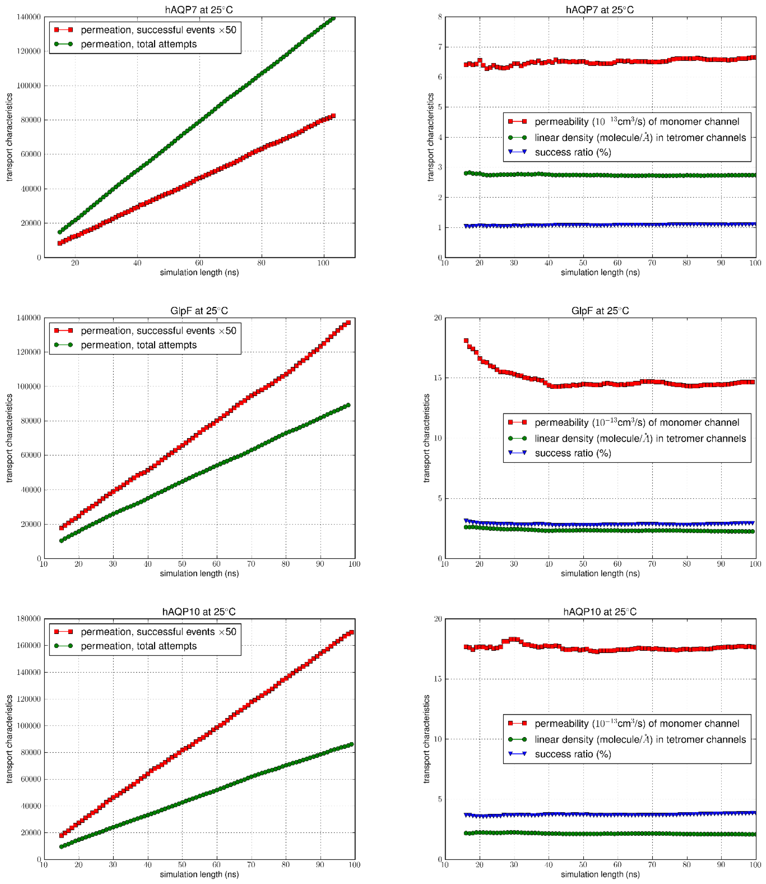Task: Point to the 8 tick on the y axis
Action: (440, 17)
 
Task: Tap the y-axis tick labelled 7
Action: (440, 47)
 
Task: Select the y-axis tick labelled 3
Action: (440, 167)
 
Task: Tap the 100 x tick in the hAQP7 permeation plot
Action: (324, 263)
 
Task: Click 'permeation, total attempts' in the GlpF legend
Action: (139, 345)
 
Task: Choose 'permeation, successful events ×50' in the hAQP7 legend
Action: (158, 30)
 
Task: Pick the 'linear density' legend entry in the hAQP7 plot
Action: (640, 138)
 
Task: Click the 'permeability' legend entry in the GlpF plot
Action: (636, 422)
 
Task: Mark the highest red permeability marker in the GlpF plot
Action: (466, 341)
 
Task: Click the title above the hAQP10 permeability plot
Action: (600, 611)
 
